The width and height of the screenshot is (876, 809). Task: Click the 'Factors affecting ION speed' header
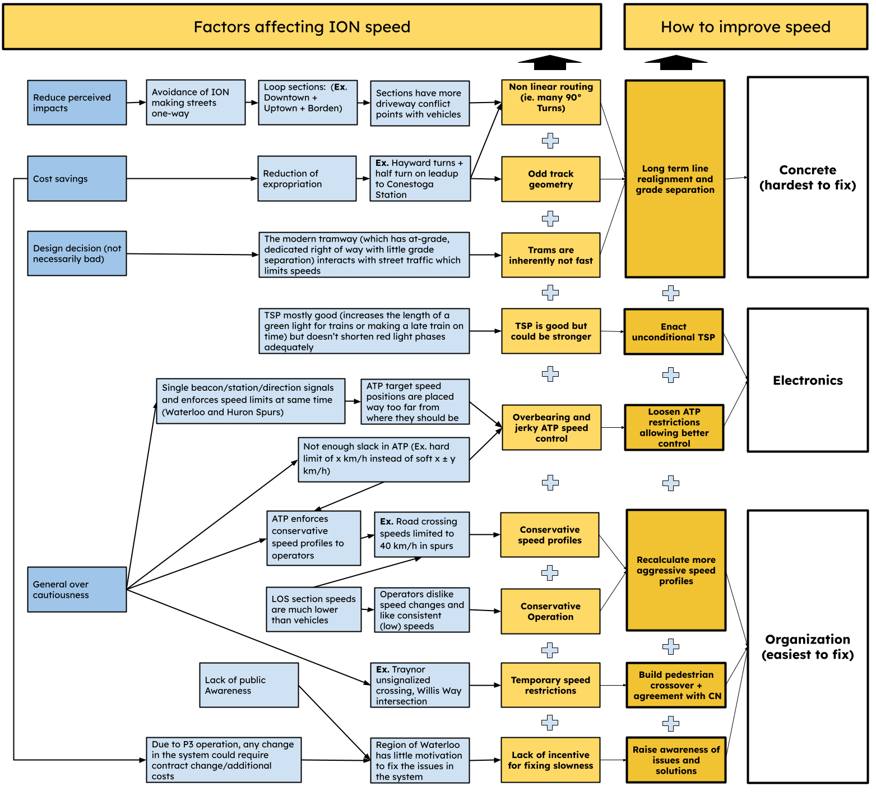[x=302, y=27]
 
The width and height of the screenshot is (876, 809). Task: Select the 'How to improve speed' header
[x=745, y=27]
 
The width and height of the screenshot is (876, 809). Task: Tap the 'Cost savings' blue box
[x=77, y=178]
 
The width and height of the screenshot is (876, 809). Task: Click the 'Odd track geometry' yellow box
[x=550, y=179]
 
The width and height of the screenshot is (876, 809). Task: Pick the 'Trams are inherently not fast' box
[x=550, y=255]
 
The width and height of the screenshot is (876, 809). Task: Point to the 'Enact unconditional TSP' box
[x=673, y=331]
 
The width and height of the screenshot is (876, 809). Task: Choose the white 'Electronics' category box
[x=808, y=380]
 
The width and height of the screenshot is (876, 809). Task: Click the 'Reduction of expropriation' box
[x=307, y=178]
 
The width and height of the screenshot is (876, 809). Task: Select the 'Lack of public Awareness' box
[x=249, y=685]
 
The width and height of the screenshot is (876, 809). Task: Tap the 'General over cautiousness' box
[x=77, y=589]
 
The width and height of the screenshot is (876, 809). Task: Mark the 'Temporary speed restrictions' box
[x=550, y=685]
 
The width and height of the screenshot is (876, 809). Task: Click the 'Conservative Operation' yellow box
[x=550, y=611]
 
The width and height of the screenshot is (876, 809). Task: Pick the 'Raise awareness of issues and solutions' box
[x=676, y=760]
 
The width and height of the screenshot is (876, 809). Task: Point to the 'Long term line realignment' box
[x=675, y=179]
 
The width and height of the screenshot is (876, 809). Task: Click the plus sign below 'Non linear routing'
[x=550, y=141]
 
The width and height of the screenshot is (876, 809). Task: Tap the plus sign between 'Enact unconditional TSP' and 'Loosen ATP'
[x=671, y=375]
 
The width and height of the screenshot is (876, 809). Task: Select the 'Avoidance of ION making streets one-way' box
[x=196, y=102]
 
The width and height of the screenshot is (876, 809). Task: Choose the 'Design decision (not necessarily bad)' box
[x=77, y=253]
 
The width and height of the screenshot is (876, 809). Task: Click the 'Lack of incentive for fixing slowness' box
[x=550, y=760]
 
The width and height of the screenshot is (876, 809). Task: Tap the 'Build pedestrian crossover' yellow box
[x=676, y=685]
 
